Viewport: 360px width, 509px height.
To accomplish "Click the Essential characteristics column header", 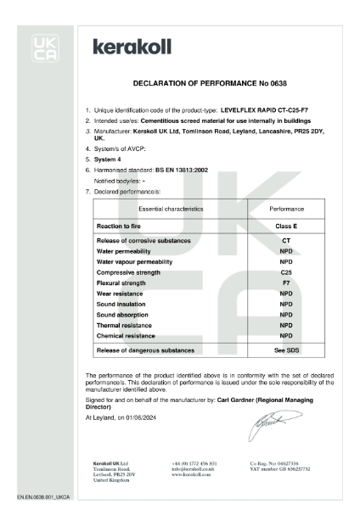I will [149, 207].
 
